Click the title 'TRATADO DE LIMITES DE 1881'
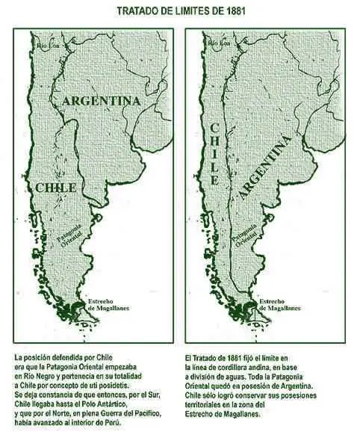click(x=180, y=10)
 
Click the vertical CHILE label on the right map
click(x=214, y=154)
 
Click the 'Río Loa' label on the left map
click(x=49, y=46)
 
